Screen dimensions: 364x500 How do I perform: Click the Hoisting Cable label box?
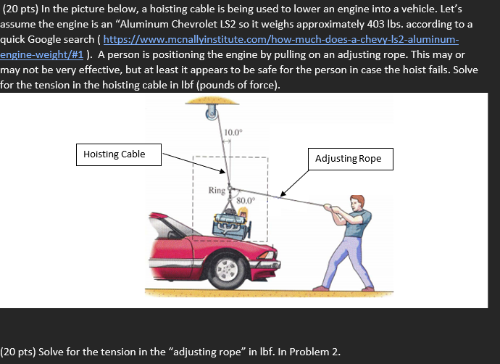pos(114,154)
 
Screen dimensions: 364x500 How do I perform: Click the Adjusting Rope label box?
pos(353,159)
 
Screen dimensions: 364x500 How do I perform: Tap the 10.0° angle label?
pos(234,131)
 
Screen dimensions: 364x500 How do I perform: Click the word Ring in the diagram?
pos(217,191)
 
